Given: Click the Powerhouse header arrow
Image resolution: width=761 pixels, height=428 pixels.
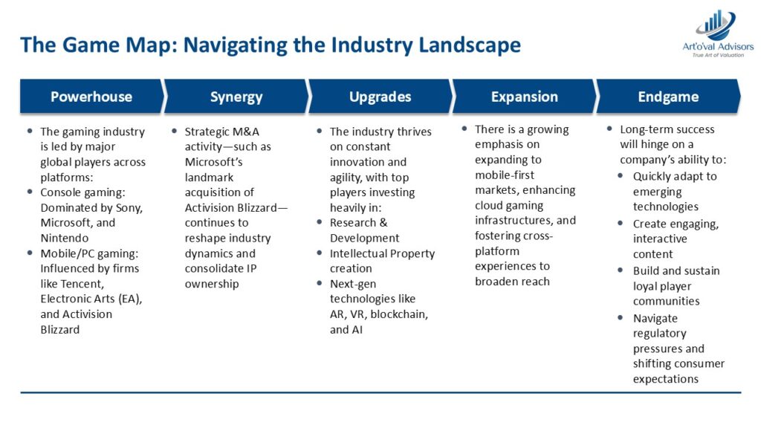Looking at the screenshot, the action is coord(91,97).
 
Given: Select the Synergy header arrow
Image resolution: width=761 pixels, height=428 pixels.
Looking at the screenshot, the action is coord(236,97).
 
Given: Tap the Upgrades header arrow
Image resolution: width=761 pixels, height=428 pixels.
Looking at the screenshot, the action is coord(380,97).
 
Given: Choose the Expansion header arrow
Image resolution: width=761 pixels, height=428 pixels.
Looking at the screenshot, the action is coord(525,97).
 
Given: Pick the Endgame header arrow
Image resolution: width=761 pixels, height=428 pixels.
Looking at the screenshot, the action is coord(668,97).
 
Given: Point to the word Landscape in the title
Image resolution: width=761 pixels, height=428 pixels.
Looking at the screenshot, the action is coord(470,45).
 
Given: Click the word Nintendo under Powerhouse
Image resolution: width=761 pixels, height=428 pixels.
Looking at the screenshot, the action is coord(65,238).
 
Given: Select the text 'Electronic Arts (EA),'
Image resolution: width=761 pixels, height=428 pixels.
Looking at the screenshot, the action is coord(91,299).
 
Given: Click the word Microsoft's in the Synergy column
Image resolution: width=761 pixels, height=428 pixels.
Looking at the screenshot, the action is coord(213,161).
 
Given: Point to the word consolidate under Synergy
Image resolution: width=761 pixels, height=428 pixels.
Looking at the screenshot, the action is coord(214,268).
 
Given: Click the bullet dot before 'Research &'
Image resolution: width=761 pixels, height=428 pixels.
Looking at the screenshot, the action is coord(320,221).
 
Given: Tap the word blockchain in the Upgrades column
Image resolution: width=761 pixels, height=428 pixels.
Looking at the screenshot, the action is coord(399,314).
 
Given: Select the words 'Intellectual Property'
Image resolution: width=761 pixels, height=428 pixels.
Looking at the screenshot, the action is coord(383,253).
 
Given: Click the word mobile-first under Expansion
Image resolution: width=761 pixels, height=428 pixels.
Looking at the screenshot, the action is coord(505,175).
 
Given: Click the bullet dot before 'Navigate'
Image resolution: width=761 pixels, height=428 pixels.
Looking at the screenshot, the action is coord(621,317).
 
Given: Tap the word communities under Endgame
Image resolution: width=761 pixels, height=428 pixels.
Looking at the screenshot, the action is coord(667,301).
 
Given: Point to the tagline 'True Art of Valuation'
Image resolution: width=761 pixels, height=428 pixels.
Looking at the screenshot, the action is coord(718,55).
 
